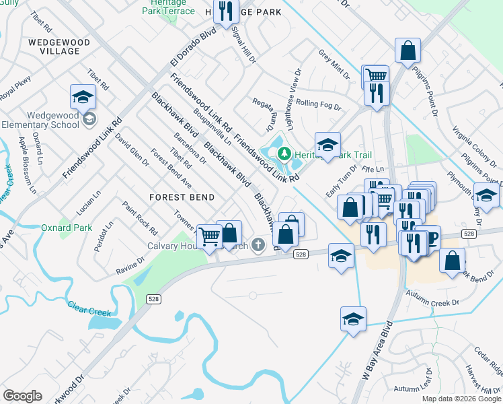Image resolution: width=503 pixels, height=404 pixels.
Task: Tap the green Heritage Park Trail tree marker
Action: pos(284,154)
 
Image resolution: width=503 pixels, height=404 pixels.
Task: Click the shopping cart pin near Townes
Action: pos(210,236)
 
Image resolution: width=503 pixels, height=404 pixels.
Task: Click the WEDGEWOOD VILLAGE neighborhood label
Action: pos(60,46)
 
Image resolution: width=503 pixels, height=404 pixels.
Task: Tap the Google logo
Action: pos(22,396)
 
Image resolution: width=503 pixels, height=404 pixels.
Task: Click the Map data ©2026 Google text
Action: pos(461,399)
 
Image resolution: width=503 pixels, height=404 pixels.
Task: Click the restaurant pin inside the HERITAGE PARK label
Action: pos(226,11)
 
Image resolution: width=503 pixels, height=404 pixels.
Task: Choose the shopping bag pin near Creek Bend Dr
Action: pos(454,260)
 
